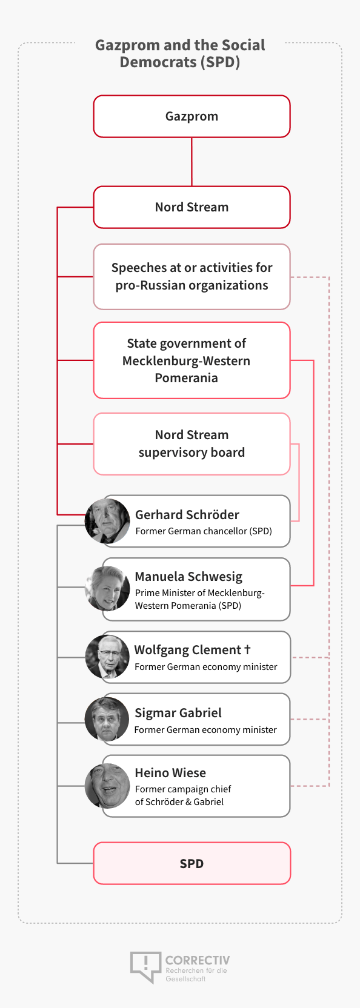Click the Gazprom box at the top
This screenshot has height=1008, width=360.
coord(192,116)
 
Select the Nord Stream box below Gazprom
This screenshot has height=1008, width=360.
coord(192,207)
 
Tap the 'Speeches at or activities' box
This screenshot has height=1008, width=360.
coord(192,277)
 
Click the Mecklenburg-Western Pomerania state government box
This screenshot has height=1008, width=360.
coord(192,360)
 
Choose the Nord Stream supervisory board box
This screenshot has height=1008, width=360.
coord(192,443)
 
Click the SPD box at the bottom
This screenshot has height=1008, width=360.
coord(192,863)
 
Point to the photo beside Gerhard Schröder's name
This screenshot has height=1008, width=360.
coord(107,520)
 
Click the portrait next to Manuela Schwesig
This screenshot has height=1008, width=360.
coord(107,588)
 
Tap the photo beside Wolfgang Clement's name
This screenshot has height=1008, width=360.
coord(107,657)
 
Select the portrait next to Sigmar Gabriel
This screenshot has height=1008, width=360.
coord(107,719)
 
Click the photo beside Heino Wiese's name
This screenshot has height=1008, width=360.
coord(107,786)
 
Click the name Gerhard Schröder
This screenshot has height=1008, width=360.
coord(187,515)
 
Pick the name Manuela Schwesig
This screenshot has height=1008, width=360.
coord(188,577)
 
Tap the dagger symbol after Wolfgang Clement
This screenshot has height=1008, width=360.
coord(247,649)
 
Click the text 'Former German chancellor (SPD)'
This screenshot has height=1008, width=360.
coord(204,531)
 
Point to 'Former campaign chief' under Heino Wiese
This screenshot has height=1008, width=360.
coord(183,789)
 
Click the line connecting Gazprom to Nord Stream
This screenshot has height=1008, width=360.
coord(192,162)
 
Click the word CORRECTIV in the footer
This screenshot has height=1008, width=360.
coord(198,960)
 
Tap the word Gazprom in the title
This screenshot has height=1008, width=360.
coord(128,45)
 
